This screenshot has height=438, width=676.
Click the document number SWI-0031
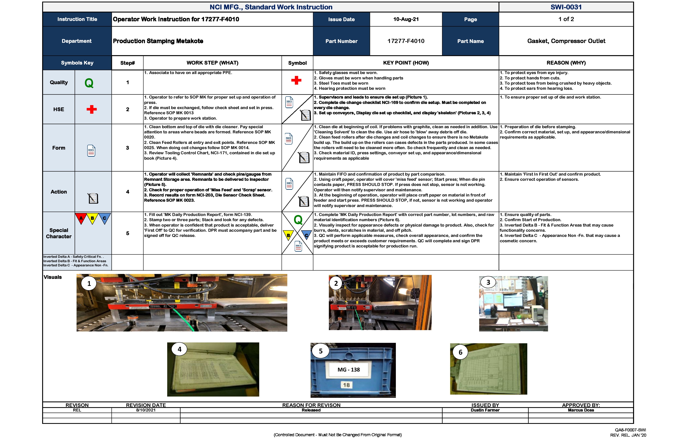566,7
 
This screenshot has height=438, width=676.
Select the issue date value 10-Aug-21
406,19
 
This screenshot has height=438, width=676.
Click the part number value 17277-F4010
406,41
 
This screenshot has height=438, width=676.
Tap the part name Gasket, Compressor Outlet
566,41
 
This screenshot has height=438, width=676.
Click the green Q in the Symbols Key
89,83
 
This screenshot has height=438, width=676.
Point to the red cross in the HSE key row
91,109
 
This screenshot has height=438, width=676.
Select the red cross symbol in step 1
296,80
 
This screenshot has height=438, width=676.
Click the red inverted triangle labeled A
81,218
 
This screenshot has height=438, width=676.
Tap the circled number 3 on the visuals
488,283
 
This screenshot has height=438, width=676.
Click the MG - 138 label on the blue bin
349,370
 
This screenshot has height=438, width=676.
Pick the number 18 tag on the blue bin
346,385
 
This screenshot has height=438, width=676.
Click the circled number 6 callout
460,352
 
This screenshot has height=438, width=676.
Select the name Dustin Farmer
485,410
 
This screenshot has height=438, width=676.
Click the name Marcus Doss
581,410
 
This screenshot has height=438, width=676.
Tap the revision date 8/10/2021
146,410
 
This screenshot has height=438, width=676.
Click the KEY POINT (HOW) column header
406,63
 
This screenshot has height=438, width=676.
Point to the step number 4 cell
127,192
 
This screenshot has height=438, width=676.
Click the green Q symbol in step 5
298,220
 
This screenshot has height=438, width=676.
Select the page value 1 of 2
566,19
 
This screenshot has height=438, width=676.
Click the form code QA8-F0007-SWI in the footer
630,430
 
